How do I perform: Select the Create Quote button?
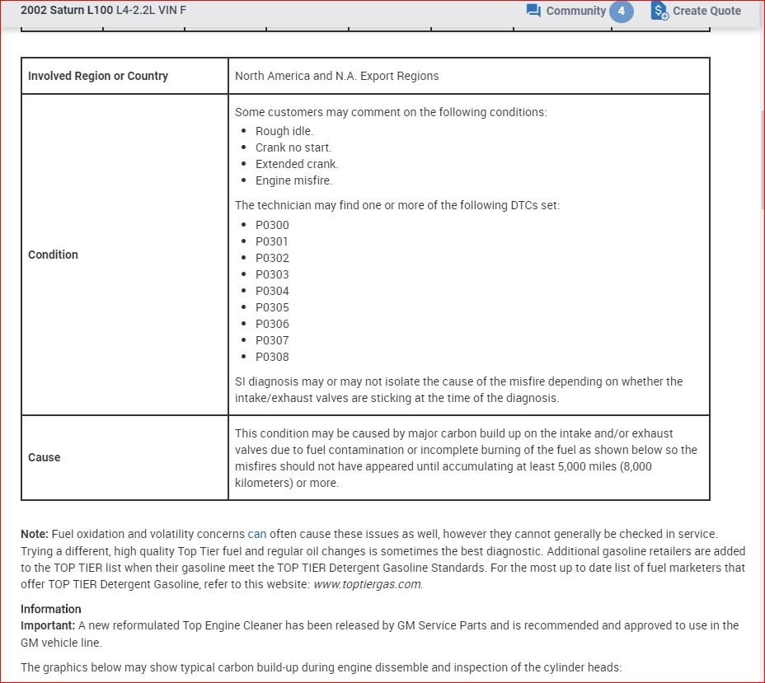[697, 11]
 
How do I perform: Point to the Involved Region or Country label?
[98, 76]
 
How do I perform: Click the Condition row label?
[53, 255]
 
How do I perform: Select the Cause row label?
[45, 457]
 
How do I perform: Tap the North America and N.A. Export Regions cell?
[336, 76]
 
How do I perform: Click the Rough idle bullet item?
[284, 131]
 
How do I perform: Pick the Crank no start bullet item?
[293, 147]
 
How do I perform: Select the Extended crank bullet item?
[297, 164]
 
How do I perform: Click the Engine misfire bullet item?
[293, 180]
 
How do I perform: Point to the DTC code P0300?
[272, 225]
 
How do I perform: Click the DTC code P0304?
[272, 291]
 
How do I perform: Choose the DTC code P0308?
[272, 357]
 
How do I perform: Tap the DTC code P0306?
[272, 324]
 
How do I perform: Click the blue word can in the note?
[257, 534]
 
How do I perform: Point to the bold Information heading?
[51, 609]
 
